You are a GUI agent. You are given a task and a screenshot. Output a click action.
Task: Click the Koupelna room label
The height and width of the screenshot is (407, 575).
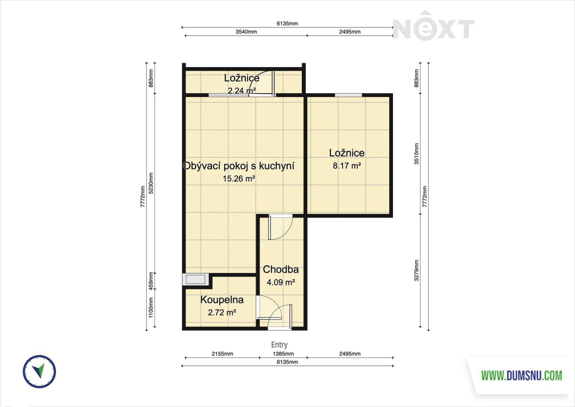click(222, 300)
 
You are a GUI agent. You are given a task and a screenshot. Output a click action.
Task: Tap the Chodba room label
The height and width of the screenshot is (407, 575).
click(281, 269)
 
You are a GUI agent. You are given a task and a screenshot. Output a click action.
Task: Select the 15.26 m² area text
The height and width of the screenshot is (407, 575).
click(239, 179)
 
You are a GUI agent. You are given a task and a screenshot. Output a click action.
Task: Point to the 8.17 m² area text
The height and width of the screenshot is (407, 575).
click(347, 166)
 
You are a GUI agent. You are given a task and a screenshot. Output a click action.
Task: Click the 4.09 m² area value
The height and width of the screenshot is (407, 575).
click(281, 282)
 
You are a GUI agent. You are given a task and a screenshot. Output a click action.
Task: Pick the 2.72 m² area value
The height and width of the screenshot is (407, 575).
click(222, 313)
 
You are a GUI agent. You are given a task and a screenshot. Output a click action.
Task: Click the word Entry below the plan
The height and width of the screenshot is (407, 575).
click(279, 344)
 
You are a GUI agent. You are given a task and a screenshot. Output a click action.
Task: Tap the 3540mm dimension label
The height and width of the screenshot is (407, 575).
click(246, 31)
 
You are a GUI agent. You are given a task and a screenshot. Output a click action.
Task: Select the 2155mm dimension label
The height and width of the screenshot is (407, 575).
click(222, 354)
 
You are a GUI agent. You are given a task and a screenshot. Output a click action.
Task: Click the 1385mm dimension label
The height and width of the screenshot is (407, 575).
click(283, 354)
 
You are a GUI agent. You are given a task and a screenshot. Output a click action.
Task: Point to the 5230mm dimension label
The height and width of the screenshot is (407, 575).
click(151, 183)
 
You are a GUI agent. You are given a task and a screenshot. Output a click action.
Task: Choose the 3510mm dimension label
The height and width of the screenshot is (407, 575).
click(416, 154)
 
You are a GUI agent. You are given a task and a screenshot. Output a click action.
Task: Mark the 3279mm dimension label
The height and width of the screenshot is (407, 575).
click(416, 270)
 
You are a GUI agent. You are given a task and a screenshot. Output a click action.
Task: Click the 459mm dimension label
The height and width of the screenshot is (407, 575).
click(151, 281)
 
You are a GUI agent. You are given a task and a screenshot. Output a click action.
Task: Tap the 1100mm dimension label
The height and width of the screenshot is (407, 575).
click(151, 308)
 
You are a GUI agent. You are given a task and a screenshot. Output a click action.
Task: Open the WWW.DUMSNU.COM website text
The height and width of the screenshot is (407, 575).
click(522, 376)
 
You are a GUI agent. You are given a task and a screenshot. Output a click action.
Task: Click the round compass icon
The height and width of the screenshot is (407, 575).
click(39, 372)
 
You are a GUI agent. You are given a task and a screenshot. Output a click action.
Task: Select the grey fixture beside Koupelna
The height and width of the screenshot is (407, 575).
click(195, 279)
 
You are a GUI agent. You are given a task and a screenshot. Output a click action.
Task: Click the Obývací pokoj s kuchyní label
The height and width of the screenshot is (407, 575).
click(239, 166)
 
